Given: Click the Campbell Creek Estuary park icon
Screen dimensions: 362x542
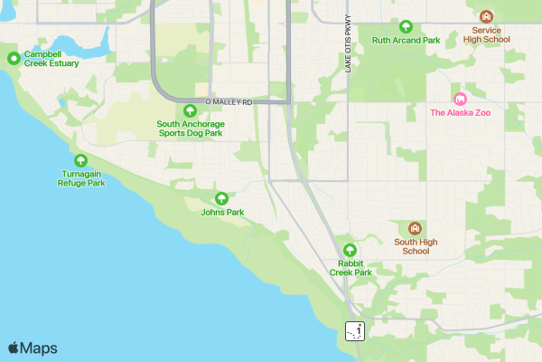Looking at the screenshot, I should pos(14,59).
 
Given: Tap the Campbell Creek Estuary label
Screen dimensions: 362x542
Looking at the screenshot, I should pos(51,59).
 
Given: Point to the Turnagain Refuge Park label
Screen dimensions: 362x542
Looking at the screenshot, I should pos(81,177).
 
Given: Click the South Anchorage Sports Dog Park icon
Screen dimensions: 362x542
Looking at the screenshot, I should pos(190,110).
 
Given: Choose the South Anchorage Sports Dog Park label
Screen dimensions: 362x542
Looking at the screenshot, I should pos(190,128).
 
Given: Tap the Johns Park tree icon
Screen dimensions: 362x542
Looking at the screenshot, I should pos(221,198).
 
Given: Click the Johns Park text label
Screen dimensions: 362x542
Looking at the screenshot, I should pos(222,213).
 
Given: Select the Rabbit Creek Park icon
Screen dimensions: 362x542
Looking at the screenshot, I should pos(350,251).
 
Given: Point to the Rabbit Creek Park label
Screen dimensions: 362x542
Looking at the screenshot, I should pos(350,267).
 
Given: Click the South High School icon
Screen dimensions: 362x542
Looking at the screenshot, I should pos(416,228).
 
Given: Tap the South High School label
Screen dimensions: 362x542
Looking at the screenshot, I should pos(416,246).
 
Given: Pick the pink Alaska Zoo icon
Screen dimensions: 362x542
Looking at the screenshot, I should pos(460,99).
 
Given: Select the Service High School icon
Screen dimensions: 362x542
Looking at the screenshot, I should pos(486,16).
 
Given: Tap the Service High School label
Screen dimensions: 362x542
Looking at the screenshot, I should pos(486,34).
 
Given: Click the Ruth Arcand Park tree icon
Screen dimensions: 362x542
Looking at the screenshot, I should pos(406,26).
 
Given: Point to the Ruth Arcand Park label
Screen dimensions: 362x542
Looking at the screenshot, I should pos(406,41).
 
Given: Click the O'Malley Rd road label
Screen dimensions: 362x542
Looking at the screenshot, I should pos(229,102).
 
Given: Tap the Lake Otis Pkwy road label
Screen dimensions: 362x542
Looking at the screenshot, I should pos(347,44).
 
